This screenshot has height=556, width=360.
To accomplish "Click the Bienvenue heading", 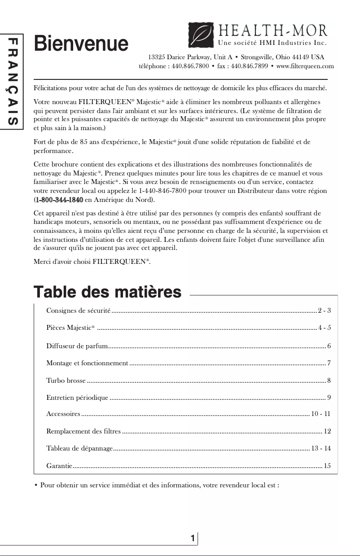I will tap(81, 44).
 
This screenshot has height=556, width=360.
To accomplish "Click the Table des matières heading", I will tap(108, 292).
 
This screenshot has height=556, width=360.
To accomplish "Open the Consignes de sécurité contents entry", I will tap(79, 311).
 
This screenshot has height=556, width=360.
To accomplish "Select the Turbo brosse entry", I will tap(66, 381).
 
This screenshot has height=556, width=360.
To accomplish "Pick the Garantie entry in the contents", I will tap(59, 466).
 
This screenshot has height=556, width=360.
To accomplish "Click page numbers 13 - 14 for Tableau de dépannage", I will tap(321, 448).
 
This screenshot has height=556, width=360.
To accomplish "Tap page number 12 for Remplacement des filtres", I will tap(327, 431).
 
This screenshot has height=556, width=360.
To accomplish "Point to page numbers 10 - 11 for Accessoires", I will tap(321, 414).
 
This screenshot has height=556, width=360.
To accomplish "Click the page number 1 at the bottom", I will tap(193, 538).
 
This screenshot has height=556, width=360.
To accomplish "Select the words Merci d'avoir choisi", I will tap(62, 261).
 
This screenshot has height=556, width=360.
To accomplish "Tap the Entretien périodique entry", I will tap(77, 398).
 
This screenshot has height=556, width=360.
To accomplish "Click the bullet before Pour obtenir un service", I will tap(36, 486).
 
